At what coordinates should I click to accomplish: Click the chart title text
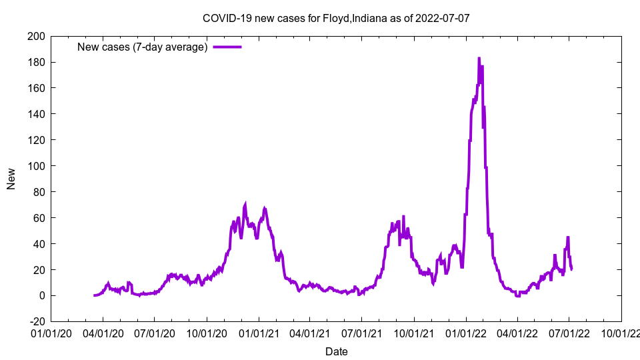336,18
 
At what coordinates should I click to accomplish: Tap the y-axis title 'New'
11,179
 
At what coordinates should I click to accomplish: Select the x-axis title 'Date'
336,351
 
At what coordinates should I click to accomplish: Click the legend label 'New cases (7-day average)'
143,47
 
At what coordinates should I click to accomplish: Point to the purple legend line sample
227,47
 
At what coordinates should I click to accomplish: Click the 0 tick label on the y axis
41,295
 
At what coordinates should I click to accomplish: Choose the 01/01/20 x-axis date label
51,332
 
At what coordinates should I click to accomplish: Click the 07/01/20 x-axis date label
155,332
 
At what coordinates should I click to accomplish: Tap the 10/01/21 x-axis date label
414,332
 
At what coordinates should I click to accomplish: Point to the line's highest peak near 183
479,59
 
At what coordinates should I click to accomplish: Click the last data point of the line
571,269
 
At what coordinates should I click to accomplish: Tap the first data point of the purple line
95,295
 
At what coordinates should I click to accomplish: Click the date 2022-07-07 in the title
443,18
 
